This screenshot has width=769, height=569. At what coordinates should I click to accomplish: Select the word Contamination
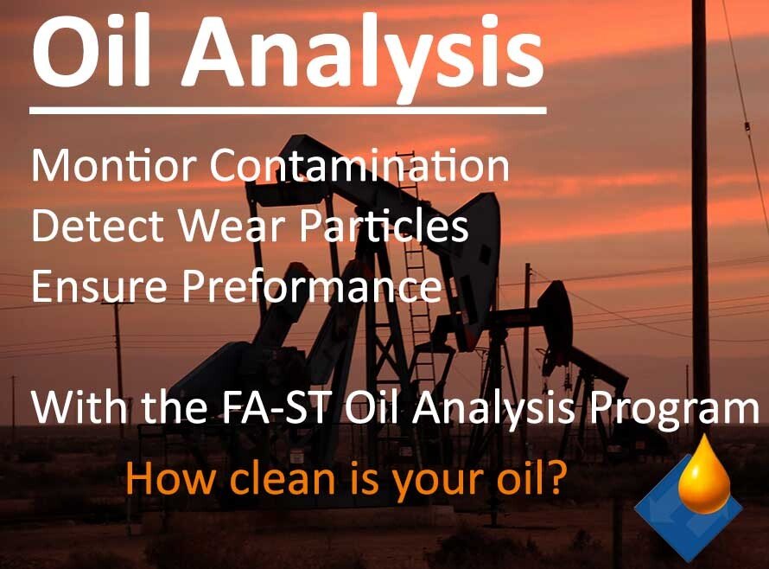[359, 166]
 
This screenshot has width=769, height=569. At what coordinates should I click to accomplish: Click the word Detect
[96, 227]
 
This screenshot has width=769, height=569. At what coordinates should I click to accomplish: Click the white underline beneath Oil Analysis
[288, 110]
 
